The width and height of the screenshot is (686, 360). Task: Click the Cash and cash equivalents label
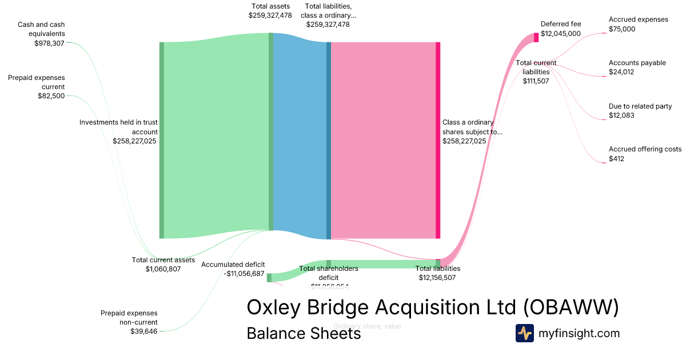point(41,29)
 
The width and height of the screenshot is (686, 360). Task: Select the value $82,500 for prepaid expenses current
point(51,96)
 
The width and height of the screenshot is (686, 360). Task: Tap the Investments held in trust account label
point(118,127)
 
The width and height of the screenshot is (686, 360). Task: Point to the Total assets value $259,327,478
point(270,15)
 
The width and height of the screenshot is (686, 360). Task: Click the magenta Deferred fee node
point(536,37)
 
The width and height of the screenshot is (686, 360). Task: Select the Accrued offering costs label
point(645,149)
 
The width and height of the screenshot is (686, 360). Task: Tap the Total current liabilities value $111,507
point(536,81)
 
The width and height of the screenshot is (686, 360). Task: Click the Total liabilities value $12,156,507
point(437,278)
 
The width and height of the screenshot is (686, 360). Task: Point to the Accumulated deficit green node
point(269,278)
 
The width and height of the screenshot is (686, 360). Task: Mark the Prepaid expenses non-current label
point(129,317)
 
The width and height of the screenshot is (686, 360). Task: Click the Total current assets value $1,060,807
point(163,269)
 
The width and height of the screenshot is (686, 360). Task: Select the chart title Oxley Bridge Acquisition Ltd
point(432,307)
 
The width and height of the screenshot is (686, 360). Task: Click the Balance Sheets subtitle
point(304,334)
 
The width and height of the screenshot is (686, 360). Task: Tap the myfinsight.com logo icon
point(524,333)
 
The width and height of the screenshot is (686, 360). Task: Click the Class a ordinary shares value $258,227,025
point(464,141)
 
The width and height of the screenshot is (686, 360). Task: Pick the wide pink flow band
point(383,140)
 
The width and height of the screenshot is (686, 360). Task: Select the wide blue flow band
point(299,137)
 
